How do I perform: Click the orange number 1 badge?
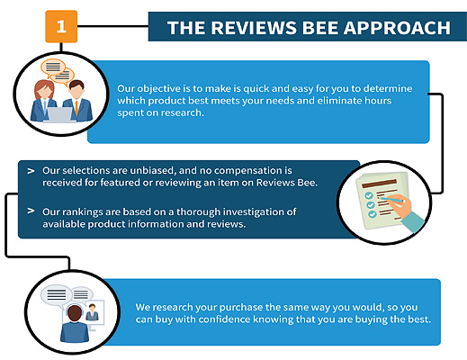click(61, 26)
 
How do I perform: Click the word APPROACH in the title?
click(397, 28)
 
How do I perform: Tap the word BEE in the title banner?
click(320, 28)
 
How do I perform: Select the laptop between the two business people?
click(59, 115)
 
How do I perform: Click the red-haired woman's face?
click(44, 92)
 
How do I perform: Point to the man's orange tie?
click(76, 107)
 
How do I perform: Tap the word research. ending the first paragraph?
click(182, 112)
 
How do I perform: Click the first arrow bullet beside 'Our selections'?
click(31, 171)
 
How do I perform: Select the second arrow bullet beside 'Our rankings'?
click(31, 211)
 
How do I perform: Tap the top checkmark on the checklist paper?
click(369, 195)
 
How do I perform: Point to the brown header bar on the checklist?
click(380, 184)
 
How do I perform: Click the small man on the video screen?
click(92, 312)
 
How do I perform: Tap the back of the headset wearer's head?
click(75, 313)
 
